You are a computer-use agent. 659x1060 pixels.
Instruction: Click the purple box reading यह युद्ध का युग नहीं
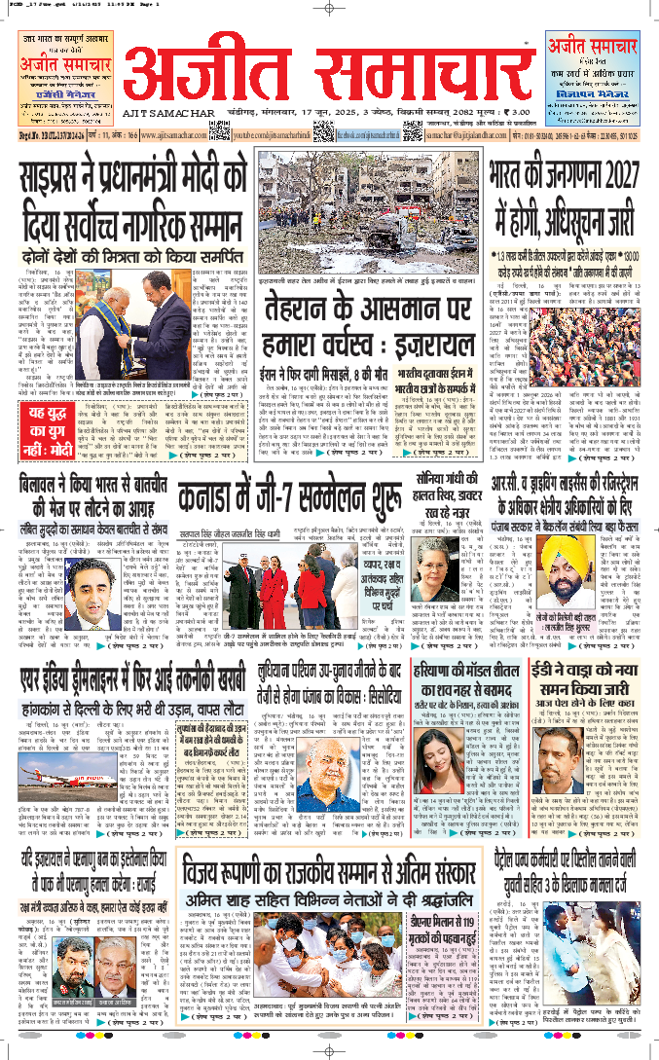45,429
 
